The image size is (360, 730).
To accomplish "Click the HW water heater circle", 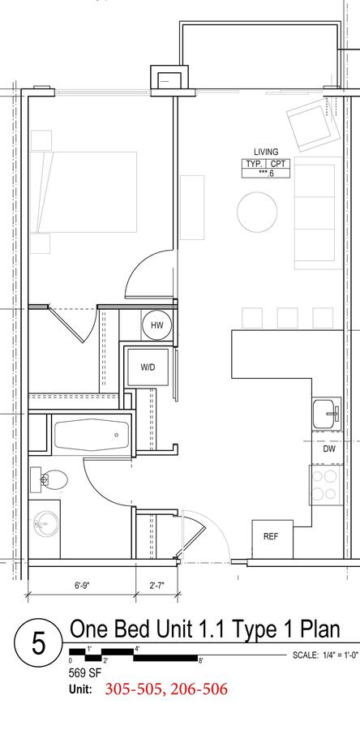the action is click(x=156, y=325).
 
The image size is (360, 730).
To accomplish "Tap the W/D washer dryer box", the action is click(x=148, y=367).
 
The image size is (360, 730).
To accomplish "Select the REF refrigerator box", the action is click(x=272, y=539).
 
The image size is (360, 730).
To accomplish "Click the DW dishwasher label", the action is click(x=330, y=449).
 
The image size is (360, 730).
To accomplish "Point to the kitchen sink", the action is click(x=327, y=413).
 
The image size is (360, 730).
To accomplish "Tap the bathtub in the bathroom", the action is click(x=91, y=435).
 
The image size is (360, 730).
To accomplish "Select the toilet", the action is click(x=49, y=480).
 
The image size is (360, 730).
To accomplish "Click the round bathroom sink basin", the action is click(x=46, y=524).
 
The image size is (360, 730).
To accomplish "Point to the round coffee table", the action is click(x=257, y=212).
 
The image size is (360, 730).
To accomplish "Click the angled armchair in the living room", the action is click(x=312, y=128).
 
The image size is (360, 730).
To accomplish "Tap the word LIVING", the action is click(x=266, y=152).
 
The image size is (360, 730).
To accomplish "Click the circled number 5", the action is click(x=39, y=644).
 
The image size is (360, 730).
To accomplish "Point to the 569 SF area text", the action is click(x=84, y=672).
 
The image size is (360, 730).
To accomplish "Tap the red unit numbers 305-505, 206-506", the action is click(x=166, y=689).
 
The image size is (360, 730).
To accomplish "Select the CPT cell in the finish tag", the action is click(x=278, y=164).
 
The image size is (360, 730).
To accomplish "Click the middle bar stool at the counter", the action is click(x=288, y=318).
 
